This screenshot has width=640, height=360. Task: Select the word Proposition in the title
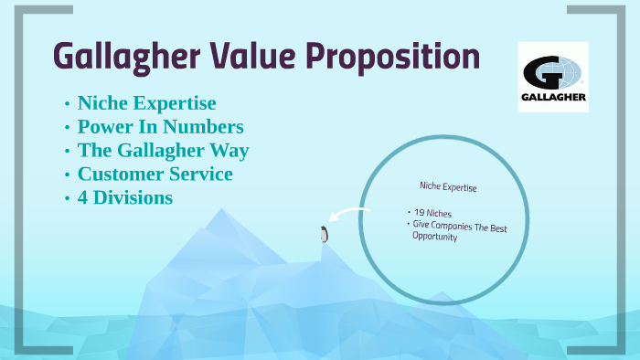(392, 56)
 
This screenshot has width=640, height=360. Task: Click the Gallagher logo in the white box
(552, 77)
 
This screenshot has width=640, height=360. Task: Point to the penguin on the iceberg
(323, 234)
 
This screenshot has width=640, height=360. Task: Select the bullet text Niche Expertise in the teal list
(146, 102)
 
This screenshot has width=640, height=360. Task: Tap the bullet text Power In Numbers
(160, 126)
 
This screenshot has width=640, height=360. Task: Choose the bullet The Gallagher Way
(163, 150)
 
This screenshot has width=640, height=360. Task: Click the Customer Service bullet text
(155, 173)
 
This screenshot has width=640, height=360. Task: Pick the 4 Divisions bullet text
(125, 196)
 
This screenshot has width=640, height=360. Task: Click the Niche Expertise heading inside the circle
(448, 186)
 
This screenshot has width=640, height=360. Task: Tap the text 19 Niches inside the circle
(432, 213)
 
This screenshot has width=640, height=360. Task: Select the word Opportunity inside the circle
(434, 237)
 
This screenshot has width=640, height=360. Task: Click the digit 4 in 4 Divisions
(83, 196)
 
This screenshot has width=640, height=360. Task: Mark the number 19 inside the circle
(420, 213)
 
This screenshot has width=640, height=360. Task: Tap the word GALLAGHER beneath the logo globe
(552, 97)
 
